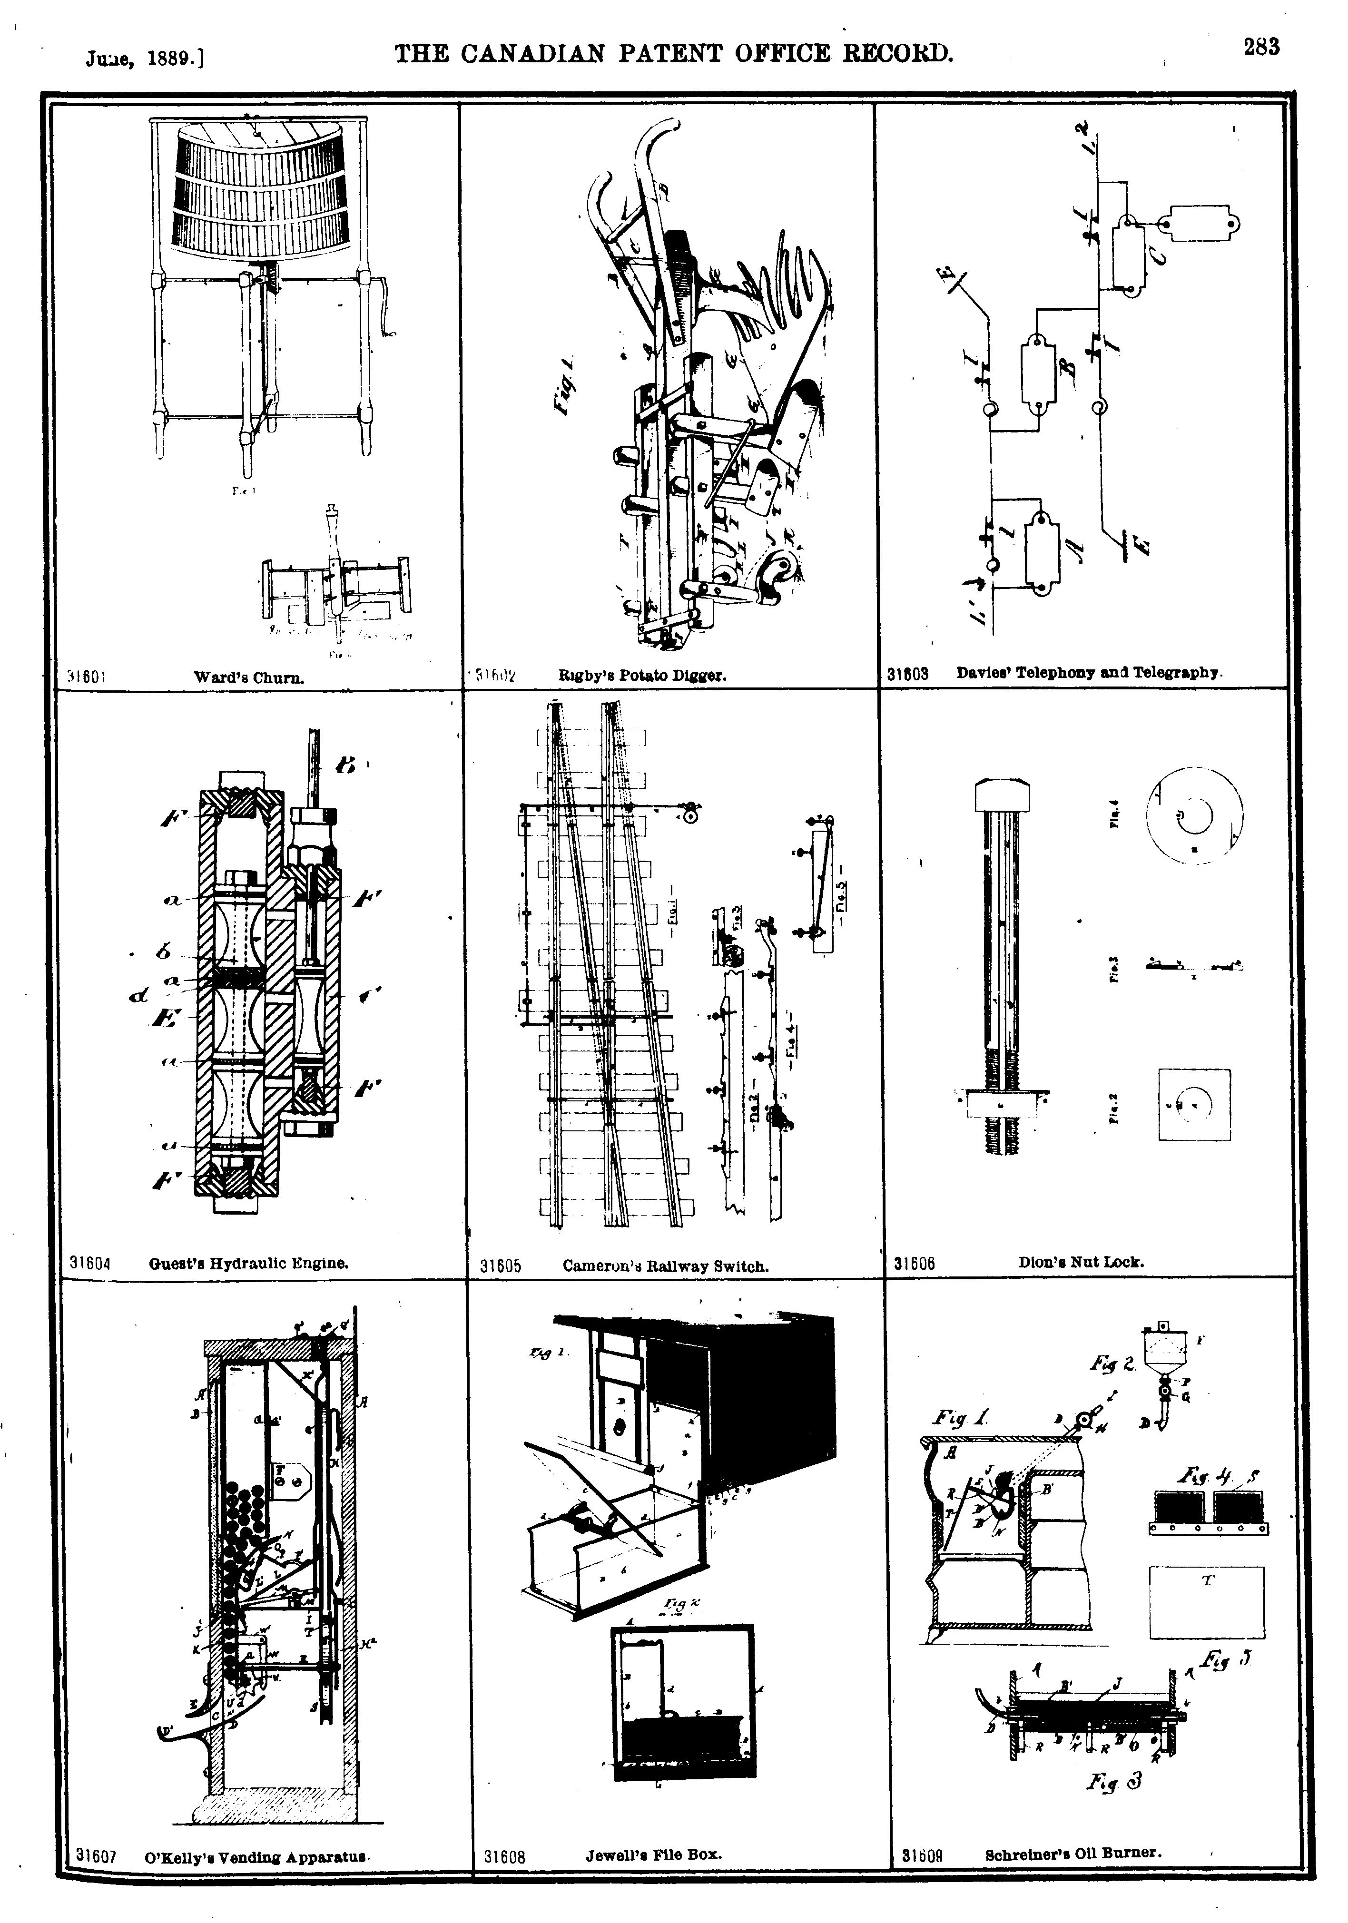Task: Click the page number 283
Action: (1261, 48)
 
